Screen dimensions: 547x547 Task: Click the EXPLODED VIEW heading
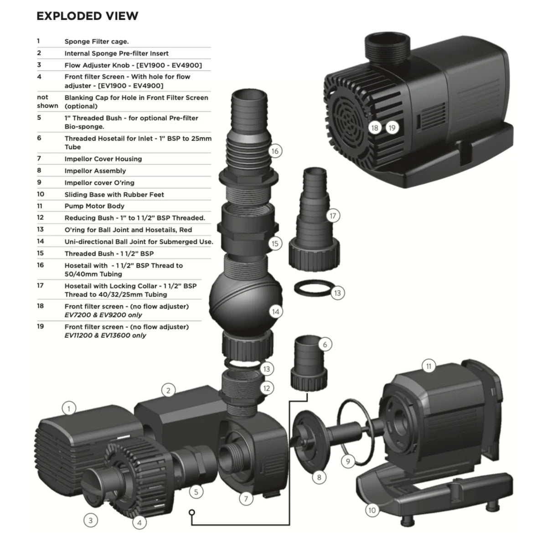87,16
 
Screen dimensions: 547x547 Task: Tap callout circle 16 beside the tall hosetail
274,151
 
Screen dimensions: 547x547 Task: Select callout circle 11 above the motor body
428,366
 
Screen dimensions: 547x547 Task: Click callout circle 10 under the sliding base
372,510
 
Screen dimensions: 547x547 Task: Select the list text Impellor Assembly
95,171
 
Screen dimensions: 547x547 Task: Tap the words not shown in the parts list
47,101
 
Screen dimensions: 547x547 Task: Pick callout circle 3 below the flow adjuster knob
90,520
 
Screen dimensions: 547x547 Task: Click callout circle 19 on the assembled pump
392,128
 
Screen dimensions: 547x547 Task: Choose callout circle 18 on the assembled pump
375,128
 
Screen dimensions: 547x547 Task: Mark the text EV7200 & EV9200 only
103,315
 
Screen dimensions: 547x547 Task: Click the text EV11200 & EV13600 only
105,335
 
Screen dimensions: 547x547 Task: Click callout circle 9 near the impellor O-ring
348,461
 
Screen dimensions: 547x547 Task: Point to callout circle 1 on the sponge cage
69,408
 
